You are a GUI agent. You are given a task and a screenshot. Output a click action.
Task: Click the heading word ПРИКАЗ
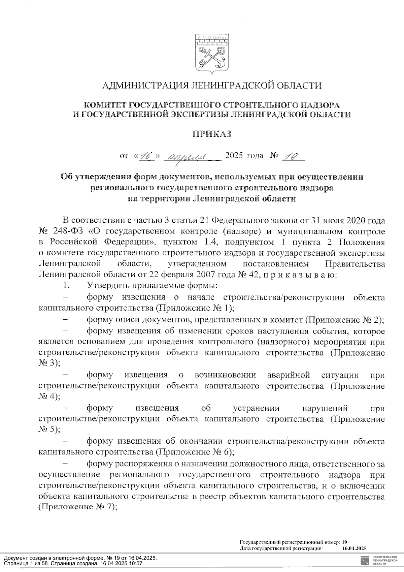point(212,134)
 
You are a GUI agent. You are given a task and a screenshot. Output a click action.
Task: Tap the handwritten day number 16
point(146,156)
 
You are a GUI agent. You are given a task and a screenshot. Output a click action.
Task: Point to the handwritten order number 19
point(291,156)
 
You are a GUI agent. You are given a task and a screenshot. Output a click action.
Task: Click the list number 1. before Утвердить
point(66,286)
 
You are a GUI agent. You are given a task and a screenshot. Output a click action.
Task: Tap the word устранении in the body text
point(256,408)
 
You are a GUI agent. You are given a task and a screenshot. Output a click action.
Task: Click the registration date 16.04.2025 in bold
point(355,548)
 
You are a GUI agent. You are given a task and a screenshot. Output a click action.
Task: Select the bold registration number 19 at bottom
point(344,542)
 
